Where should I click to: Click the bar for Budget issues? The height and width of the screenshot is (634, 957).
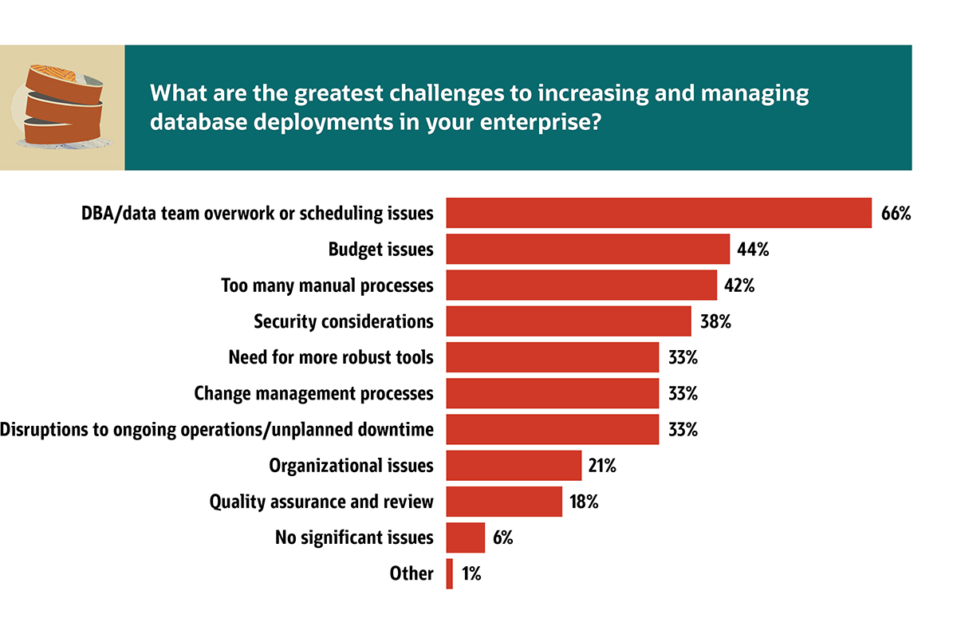(x=588, y=249)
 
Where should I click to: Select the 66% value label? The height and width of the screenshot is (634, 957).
(x=896, y=214)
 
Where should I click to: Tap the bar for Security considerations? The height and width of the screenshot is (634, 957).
(x=568, y=321)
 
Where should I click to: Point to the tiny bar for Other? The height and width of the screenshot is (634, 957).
(x=450, y=573)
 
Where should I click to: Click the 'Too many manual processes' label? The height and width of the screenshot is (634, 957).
(x=327, y=285)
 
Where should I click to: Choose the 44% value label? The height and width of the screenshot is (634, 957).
(x=753, y=250)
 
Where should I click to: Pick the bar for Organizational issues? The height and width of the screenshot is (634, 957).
(x=514, y=466)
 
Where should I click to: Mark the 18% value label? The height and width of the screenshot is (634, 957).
(x=584, y=502)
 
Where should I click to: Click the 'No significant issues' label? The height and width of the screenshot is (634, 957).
(x=353, y=538)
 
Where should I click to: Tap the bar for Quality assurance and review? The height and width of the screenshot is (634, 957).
(x=504, y=502)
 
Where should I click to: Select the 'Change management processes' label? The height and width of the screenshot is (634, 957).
(x=313, y=393)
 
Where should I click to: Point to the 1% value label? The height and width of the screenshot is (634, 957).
(x=471, y=573)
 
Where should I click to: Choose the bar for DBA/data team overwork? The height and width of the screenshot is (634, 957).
(x=659, y=213)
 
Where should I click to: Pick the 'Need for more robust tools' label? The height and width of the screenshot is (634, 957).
(x=331, y=357)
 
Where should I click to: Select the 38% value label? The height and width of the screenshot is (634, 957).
(x=715, y=321)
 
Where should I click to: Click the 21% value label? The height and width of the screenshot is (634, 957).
(x=602, y=466)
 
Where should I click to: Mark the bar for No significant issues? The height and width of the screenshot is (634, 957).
(x=465, y=538)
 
